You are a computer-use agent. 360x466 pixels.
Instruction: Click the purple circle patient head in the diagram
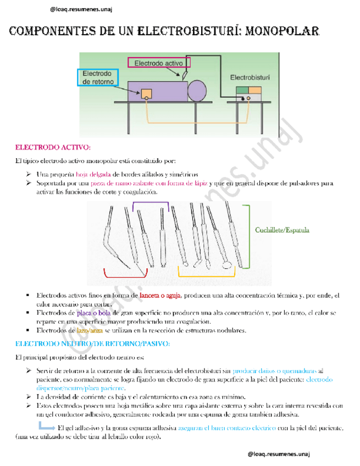[x=197, y=90]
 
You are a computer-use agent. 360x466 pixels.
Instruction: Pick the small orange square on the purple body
[x=147, y=93]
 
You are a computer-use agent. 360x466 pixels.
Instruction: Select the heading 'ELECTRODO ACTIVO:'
[x=52, y=147]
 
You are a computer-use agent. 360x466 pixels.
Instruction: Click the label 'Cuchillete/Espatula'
[x=282, y=230]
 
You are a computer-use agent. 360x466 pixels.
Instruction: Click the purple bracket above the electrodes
[x=150, y=204]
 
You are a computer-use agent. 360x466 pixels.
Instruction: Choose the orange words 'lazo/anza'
[x=90, y=330]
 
